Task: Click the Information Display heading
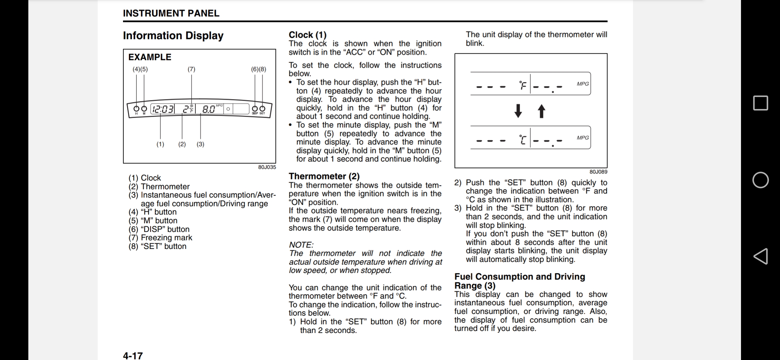point(173,36)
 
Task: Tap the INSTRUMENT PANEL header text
point(171,13)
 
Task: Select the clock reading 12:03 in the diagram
point(163,109)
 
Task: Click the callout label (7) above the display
point(191,69)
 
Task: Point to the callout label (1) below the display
point(160,144)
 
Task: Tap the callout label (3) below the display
point(200,144)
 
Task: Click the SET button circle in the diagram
point(262,109)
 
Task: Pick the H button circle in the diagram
point(136,109)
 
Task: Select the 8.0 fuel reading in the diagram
point(209,109)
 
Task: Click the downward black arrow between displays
point(518,111)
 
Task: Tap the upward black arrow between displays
point(542,111)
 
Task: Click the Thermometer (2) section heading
point(324,176)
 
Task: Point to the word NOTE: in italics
point(301,245)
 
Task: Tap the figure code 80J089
point(598,172)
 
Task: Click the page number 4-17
point(133,356)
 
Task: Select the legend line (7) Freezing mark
point(160,238)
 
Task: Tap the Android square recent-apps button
point(760,103)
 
